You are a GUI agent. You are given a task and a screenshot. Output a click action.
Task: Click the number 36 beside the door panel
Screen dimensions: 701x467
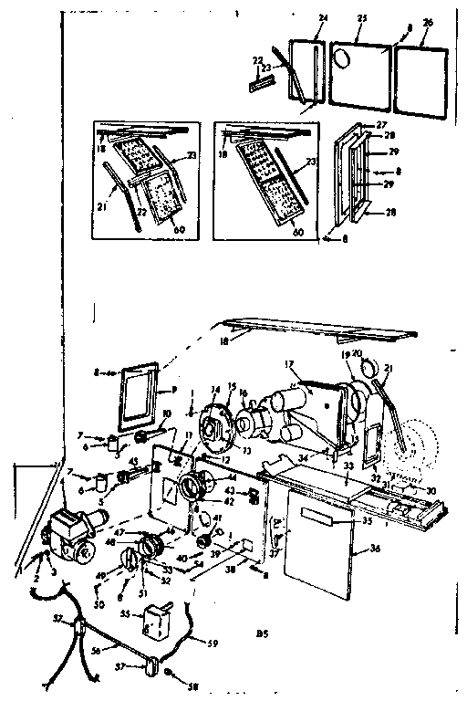377,550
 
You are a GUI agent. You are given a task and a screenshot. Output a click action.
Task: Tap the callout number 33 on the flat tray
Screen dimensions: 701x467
348,466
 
